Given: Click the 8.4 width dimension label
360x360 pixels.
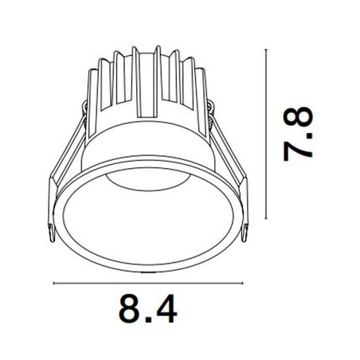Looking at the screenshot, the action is click(147, 308).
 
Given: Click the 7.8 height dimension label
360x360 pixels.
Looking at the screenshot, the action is click(298, 134).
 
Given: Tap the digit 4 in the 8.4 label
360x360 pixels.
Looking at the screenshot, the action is click(166, 308).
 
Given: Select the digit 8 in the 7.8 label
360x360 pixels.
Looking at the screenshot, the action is click(298, 117).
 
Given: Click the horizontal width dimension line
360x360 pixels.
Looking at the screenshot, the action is click(148, 284).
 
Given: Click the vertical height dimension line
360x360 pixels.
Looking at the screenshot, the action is click(266, 134).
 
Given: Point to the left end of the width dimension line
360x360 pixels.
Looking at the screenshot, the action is click(53, 284).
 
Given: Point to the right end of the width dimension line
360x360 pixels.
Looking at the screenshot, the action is click(243, 284).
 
